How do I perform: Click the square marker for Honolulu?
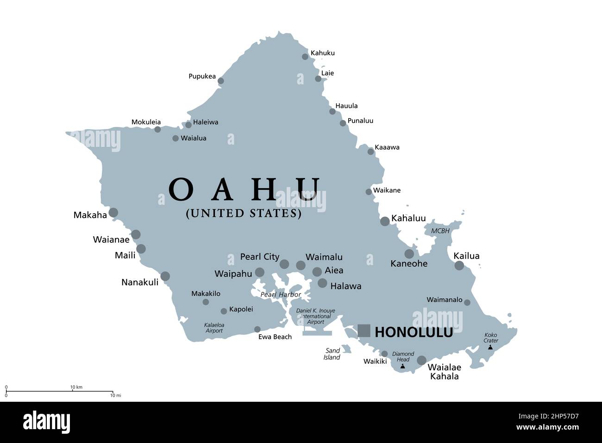(x=364, y=330)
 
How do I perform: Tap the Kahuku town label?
(x=322, y=53)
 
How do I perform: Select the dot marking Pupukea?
(x=221, y=81)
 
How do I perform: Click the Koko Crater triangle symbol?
(x=490, y=347)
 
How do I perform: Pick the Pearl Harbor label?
(x=281, y=295)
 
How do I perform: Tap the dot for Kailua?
(x=459, y=266)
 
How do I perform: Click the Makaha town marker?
(x=113, y=213)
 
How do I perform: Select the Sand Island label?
(x=332, y=354)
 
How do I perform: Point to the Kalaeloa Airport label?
(x=213, y=328)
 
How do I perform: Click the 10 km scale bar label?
(x=76, y=387)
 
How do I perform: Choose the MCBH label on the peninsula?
(x=440, y=231)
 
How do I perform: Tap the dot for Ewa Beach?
(x=257, y=329)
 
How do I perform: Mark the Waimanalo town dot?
(x=467, y=303)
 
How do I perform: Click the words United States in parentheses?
(x=244, y=214)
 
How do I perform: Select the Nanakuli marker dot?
(x=165, y=276)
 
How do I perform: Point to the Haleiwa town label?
(x=206, y=122)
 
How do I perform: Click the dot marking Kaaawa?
(x=370, y=152)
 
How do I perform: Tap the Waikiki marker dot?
(x=384, y=354)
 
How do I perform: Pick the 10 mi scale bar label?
(x=116, y=395)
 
